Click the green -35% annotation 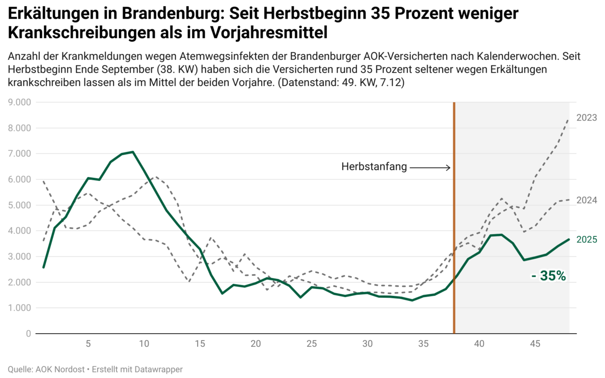(x=549, y=276)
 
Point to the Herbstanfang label (x=374, y=167)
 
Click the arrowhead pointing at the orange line (x=448, y=167)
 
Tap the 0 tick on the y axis (x=28, y=334)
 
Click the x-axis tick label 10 (x=144, y=344)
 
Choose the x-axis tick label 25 (x=311, y=344)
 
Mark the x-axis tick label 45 (x=535, y=344)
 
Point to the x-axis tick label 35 (x=423, y=344)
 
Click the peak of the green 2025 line (x=133, y=152)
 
